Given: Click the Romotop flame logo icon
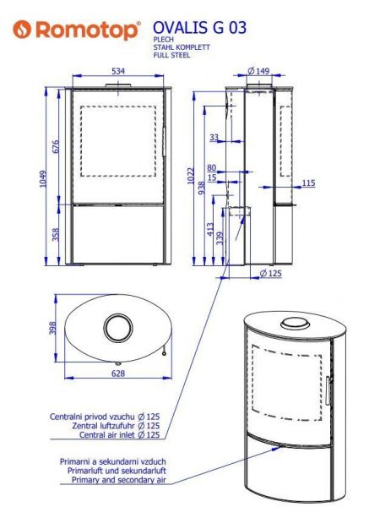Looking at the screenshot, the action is point(22,29).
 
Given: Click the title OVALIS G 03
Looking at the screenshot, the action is point(199,28).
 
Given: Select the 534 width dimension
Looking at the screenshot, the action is point(118,71).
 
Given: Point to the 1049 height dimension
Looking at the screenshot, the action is point(43,178).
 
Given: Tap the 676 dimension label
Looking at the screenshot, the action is point(56,146).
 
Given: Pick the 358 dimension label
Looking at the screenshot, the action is point(56,234).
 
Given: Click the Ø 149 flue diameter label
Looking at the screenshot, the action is point(258,70).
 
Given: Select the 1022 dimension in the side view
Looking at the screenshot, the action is point(191,176).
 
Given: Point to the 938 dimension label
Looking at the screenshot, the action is point(201,188).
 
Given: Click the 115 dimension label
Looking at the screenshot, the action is point(308,183).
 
